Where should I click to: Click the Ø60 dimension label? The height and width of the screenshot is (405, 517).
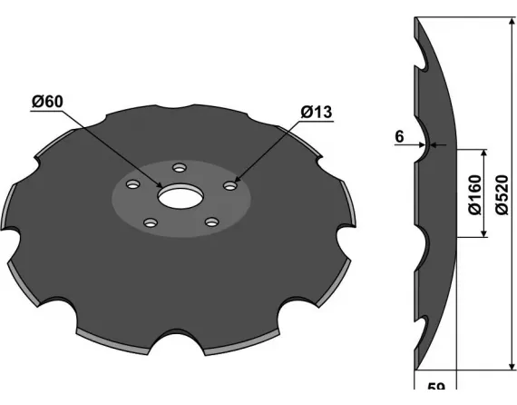pyautogui.click(x=47, y=102)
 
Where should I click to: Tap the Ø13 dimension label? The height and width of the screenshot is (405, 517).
pyautogui.click(x=317, y=113)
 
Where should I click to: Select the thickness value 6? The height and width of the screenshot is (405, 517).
pyautogui.click(x=399, y=137)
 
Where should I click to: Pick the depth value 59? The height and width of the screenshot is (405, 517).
pyautogui.click(x=436, y=389)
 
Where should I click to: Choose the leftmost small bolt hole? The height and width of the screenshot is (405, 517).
pyautogui.click(x=133, y=184)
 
